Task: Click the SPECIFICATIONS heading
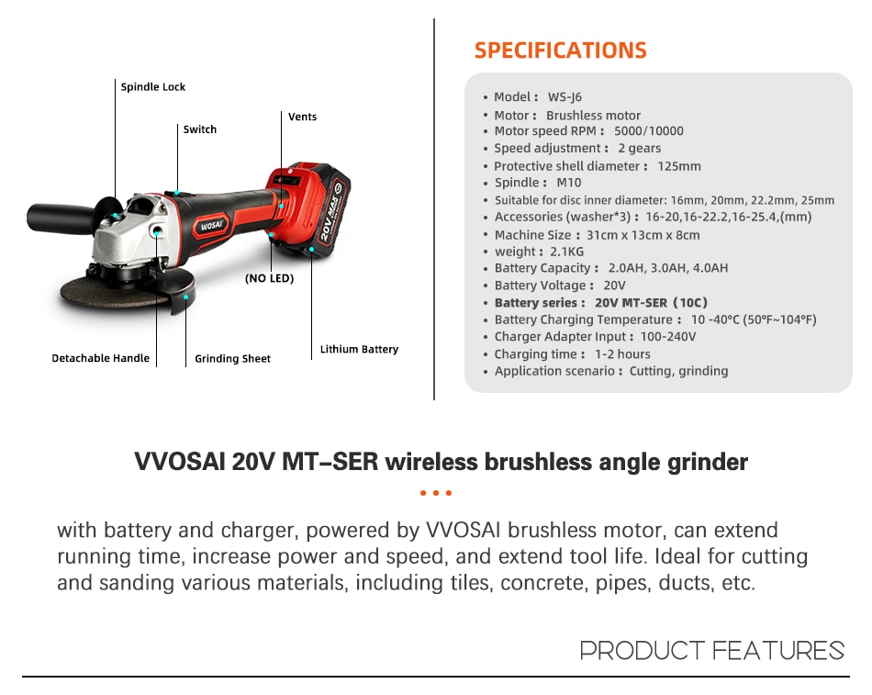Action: click(561, 50)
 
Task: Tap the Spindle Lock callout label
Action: click(153, 87)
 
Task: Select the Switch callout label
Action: click(200, 129)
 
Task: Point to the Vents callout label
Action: click(303, 117)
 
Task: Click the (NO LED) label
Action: click(269, 278)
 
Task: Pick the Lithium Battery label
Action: click(359, 349)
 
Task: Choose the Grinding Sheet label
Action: click(232, 358)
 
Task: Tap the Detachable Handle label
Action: click(101, 358)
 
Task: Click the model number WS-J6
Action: click(565, 96)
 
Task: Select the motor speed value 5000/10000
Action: click(648, 130)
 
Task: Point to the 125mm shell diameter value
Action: click(679, 166)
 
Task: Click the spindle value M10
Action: click(568, 183)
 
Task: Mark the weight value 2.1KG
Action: click(566, 252)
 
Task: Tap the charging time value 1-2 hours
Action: click(622, 353)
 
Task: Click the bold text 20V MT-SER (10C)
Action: click(651, 303)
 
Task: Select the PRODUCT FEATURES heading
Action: click(712, 651)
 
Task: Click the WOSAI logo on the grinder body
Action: click(211, 226)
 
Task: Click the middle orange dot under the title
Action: click(436, 493)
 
